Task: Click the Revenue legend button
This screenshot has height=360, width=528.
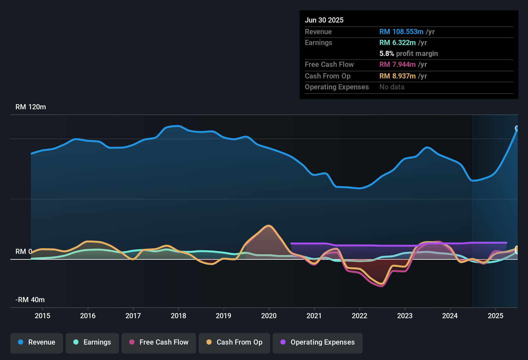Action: click(x=37, y=342)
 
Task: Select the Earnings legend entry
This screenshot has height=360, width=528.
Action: click(x=92, y=342)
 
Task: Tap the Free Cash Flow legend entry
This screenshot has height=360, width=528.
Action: click(x=159, y=342)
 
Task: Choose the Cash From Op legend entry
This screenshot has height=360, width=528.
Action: click(x=234, y=342)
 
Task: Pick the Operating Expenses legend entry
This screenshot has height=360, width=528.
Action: click(x=318, y=342)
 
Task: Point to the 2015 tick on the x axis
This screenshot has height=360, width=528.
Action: click(x=42, y=316)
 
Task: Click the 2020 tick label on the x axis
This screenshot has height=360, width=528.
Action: click(x=269, y=316)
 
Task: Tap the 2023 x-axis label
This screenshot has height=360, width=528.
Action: click(x=405, y=316)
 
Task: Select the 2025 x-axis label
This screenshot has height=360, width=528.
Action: click(x=496, y=316)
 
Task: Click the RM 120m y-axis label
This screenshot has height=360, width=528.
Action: click(x=31, y=107)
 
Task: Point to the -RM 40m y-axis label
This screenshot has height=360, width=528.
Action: click(x=30, y=300)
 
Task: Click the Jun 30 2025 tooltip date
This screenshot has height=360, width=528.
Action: click(x=324, y=20)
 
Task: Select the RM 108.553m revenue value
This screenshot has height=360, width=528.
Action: click(x=401, y=32)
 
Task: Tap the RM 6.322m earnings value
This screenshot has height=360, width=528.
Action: click(x=397, y=43)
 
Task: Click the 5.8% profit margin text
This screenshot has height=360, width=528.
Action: click(x=409, y=54)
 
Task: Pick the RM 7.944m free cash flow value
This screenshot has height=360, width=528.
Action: click(x=397, y=65)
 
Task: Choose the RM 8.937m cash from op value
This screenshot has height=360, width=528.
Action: click(x=397, y=76)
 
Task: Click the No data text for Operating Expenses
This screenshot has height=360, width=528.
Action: click(x=392, y=87)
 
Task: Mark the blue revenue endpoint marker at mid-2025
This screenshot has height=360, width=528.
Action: click(x=517, y=128)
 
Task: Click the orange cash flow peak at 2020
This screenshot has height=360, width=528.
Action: click(x=268, y=226)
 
